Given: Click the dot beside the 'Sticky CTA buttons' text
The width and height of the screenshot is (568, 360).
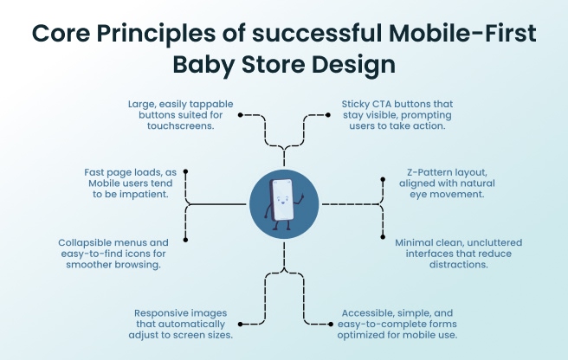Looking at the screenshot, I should point(327,114).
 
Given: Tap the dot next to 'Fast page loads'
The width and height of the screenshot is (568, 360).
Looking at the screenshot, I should point(185,171).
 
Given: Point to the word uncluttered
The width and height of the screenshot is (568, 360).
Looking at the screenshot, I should point(506,242).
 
